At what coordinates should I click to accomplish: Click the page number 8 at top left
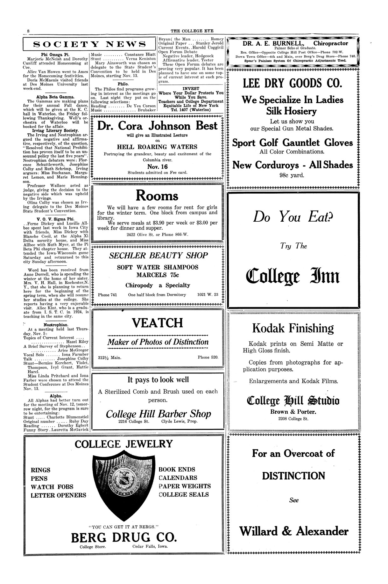[x=29, y=31]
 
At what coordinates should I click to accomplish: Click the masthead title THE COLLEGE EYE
[x=192, y=31]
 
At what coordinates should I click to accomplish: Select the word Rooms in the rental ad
[x=157, y=195]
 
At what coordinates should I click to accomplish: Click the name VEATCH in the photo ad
[x=158, y=323]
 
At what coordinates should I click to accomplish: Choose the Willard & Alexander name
[x=294, y=531]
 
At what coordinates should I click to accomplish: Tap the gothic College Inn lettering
[x=293, y=276]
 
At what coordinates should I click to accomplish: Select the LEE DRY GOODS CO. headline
[x=293, y=84]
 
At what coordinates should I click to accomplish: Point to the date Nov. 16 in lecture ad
[x=157, y=166]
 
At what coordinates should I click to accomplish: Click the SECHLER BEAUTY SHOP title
[x=158, y=255]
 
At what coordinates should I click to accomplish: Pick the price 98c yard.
[x=293, y=175]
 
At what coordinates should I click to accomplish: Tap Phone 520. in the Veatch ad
[x=208, y=357]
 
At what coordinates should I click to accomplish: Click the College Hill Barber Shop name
[x=158, y=414]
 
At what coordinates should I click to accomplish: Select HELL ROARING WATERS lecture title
[x=157, y=147]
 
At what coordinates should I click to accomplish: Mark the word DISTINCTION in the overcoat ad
[x=293, y=476]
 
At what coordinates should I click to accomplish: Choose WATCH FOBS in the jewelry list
[x=52, y=487]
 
